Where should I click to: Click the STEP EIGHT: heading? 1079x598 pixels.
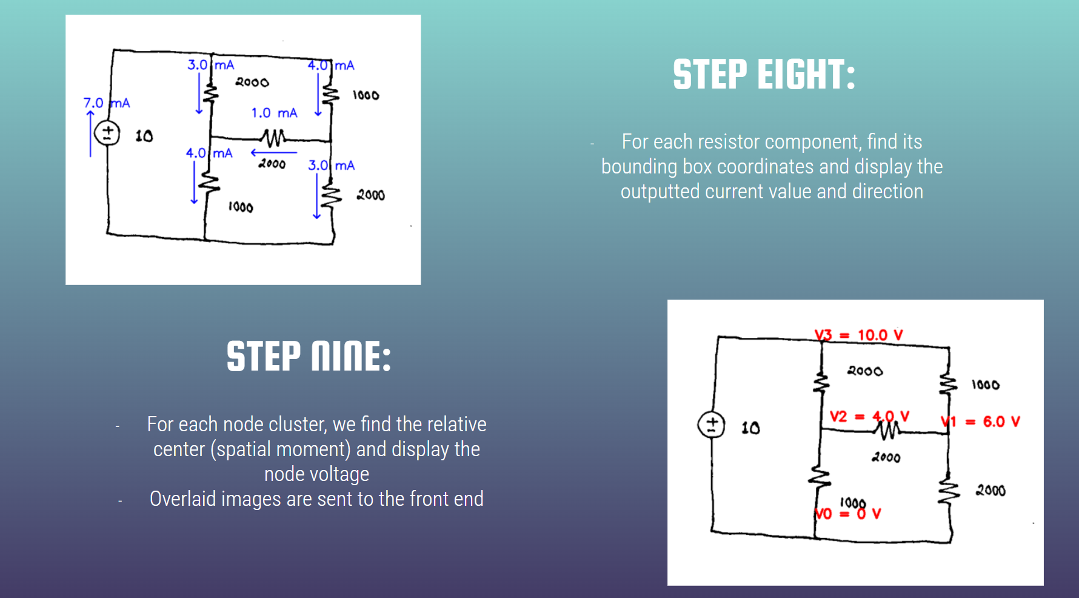764,75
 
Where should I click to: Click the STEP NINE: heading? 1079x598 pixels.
309,356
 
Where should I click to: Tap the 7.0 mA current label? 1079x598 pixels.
107,103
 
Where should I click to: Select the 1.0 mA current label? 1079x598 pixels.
274,113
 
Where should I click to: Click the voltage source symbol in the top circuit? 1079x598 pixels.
107,133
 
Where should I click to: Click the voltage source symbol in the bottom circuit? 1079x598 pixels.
711,425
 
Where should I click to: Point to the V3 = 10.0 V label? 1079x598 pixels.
858,335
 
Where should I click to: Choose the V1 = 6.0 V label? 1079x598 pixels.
981,422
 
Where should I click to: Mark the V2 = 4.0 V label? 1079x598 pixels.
869,417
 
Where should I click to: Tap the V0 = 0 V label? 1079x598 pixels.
847,514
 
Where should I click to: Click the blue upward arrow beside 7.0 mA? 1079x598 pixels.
90,133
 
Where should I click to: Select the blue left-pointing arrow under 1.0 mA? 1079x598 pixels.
273,153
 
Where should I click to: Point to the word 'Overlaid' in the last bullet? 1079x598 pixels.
182,499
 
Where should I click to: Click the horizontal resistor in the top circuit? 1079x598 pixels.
273,138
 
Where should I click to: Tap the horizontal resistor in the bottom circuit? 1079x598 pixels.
888,430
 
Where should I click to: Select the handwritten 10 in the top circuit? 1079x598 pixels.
144,136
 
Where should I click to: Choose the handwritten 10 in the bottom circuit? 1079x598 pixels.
750,428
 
